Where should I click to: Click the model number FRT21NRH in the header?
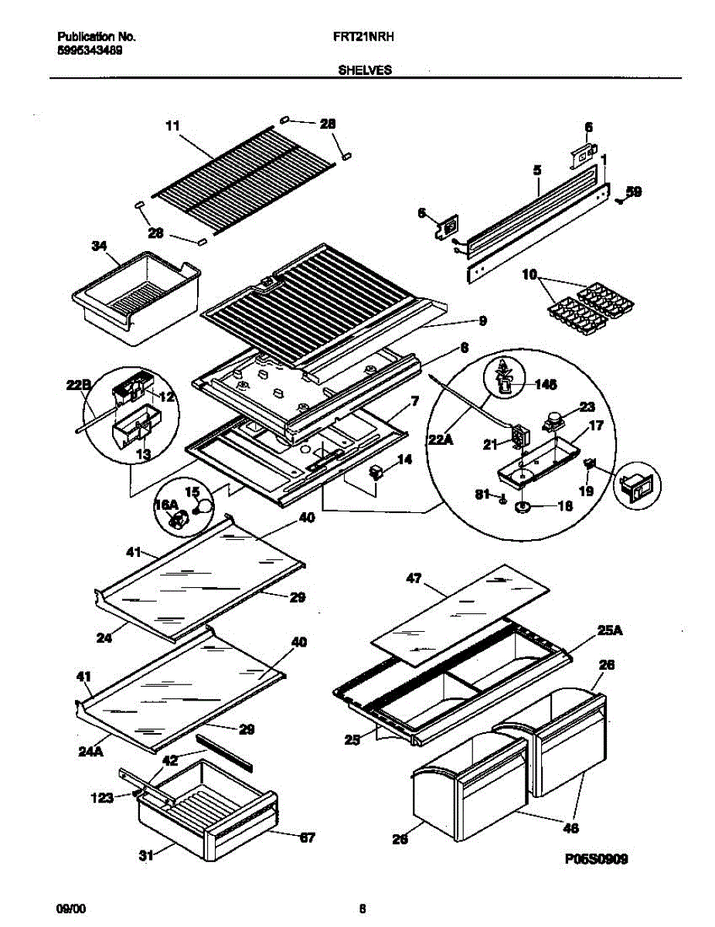click(365, 36)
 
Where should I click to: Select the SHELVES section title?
click(365, 70)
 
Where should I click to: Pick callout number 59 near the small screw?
click(633, 192)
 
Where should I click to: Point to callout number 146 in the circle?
click(546, 383)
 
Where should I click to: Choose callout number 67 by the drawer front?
click(307, 837)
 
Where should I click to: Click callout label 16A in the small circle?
click(166, 504)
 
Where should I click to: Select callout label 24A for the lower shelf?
click(90, 749)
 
